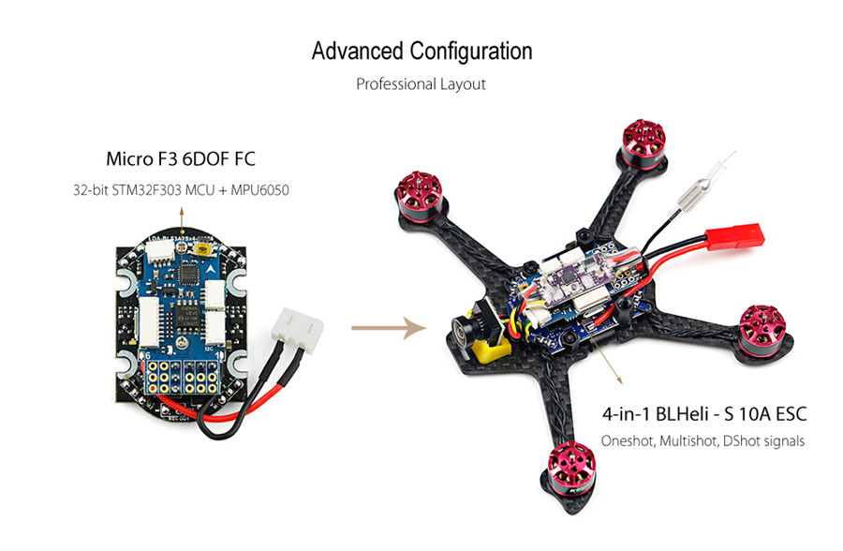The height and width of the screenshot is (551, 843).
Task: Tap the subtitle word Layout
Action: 464,84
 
